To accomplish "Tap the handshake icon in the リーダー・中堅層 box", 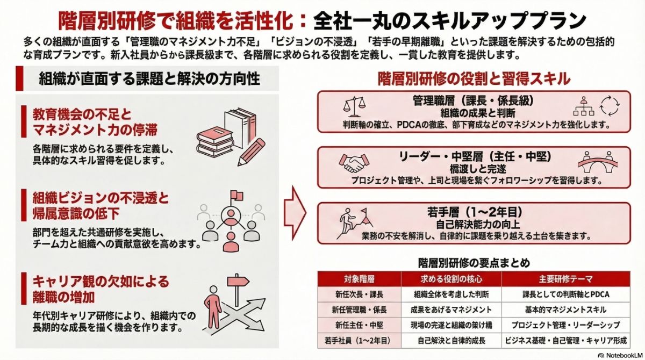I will [x=353, y=162].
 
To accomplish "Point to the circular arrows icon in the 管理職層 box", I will [x=610, y=105].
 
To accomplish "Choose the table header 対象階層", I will [x=360, y=279].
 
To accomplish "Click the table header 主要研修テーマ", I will [x=565, y=279].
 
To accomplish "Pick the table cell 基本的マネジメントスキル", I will [x=565, y=309].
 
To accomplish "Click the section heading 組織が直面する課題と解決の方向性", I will [x=149, y=80].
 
